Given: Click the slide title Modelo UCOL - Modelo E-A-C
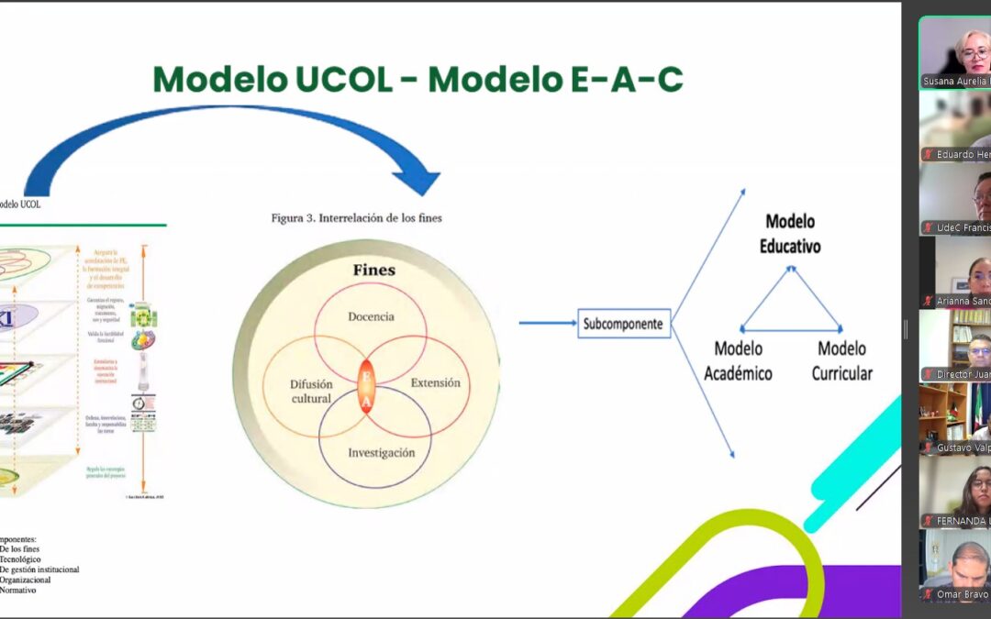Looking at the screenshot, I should tap(418, 80).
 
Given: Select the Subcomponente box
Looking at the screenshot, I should tap(624, 324).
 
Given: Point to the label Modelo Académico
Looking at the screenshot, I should tap(738, 360).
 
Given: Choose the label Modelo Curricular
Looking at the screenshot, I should tap(841, 360).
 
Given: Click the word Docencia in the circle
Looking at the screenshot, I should tap(371, 316).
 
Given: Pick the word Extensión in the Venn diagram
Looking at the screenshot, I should tap(435, 382).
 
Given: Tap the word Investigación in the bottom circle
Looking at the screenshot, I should tap(381, 453).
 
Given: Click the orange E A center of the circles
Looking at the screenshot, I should tap(365, 389).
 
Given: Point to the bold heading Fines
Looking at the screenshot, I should tap(374, 271).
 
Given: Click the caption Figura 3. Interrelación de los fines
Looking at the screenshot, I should tap(356, 218).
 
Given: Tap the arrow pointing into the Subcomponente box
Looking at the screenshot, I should tap(546, 323).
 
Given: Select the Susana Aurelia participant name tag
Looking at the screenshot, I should tap(954, 82).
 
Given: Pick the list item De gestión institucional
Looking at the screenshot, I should tap(39, 569).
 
